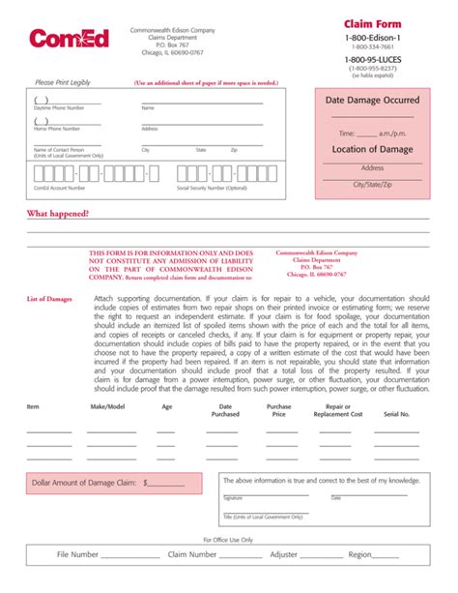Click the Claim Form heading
(373, 23)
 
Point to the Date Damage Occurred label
(372, 100)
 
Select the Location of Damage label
(372, 149)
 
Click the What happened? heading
(58, 213)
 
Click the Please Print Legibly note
(63, 83)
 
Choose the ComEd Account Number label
(55, 188)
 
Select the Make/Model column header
(107, 408)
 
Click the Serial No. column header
(396, 413)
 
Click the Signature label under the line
(233, 498)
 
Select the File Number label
(77, 555)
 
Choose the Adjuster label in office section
(284, 555)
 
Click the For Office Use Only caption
(228, 540)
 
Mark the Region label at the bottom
(360, 555)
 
